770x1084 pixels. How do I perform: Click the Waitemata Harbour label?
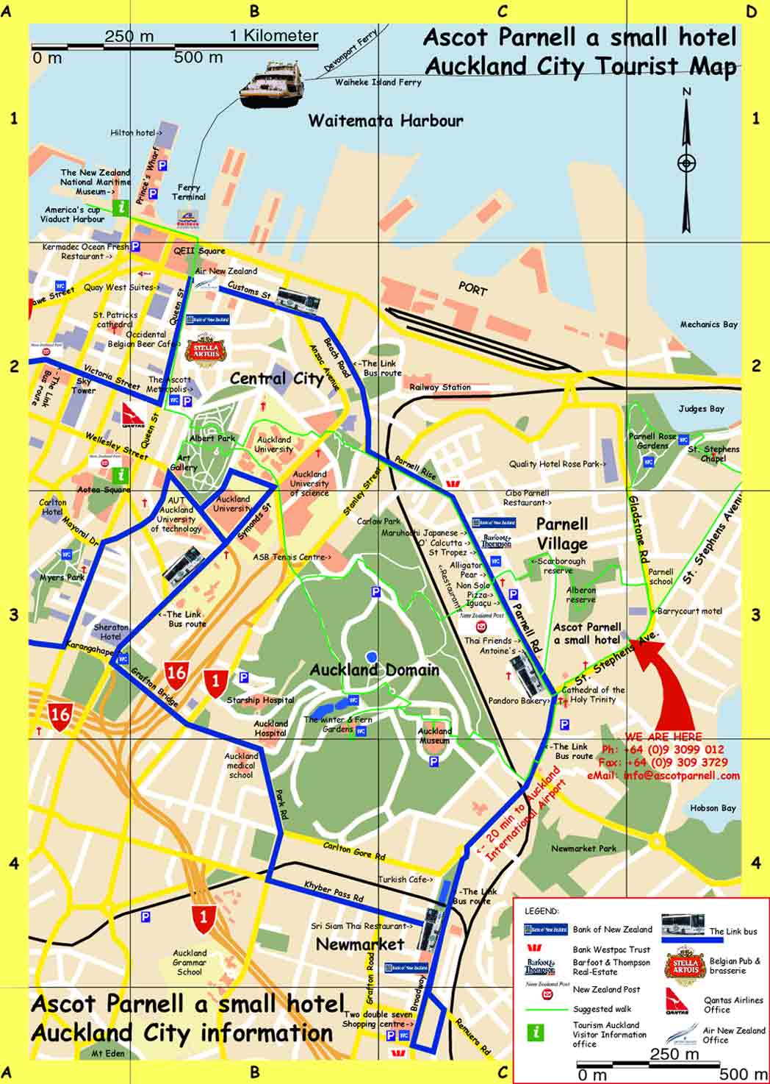tap(386, 121)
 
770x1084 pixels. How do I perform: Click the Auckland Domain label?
tap(374, 669)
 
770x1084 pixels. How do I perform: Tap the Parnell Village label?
tap(562, 534)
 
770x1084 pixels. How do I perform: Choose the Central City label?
tap(276, 379)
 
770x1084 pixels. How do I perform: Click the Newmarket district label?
tap(360, 944)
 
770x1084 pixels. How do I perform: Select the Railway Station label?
tap(440, 387)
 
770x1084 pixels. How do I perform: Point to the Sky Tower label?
tap(83, 386)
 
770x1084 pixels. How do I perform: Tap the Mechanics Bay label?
tap(708, 324)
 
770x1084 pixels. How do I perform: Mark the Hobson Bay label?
tap(713, 807)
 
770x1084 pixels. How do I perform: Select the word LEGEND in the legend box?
tap(541, 911)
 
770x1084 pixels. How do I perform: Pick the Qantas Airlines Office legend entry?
tap(733, 1005)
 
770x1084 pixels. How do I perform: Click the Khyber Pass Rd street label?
tap(334, 892)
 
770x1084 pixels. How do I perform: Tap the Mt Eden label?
tap(108, 1053)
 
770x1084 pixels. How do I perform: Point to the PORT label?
tap(472, 289)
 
